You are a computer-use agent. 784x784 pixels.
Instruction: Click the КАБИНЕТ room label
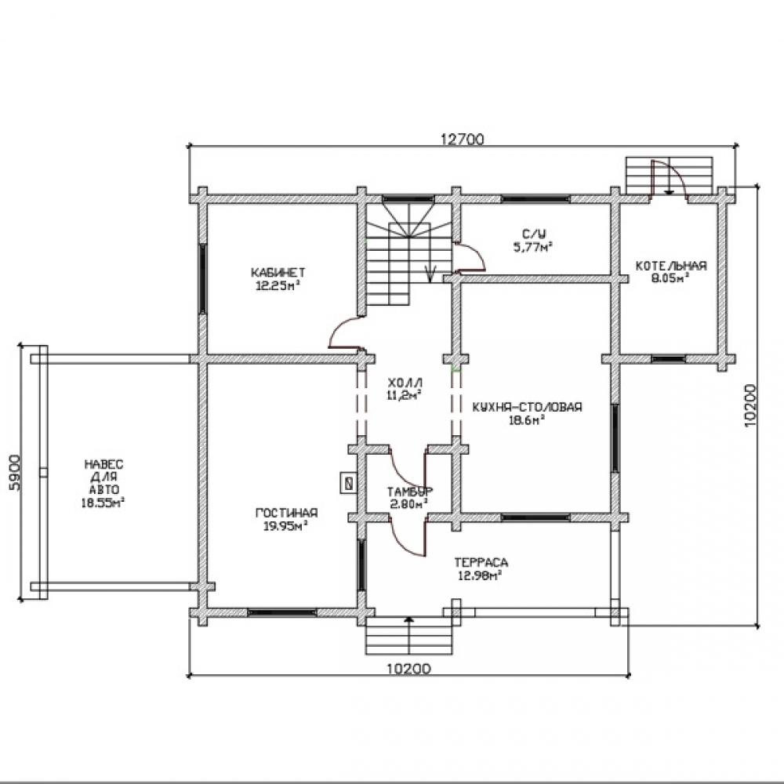(278, 273)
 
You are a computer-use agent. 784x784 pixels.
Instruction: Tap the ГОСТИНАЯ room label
(286, 513)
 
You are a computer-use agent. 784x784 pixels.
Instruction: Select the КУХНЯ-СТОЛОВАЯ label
(527, 407)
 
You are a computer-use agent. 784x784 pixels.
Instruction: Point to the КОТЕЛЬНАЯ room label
(671, 266)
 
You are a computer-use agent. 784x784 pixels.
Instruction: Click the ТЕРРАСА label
(481, 562)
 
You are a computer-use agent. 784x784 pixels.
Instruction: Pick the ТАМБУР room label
(409, 491)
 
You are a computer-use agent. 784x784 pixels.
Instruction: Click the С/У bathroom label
(534, 234)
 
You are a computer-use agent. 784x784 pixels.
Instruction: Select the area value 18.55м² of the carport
(103, 503)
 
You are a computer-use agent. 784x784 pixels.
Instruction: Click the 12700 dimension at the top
(463, 139)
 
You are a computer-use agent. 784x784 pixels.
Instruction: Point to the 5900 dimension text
(15, 473)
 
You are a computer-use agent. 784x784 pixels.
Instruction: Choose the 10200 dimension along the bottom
(408, 669)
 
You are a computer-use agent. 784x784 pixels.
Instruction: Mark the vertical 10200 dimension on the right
(750, 405)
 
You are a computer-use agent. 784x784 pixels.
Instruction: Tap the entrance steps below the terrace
(409, 636)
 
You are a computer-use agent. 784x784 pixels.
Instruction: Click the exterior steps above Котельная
(669, 175)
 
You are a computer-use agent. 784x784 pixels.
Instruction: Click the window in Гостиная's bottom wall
(282, 612)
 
